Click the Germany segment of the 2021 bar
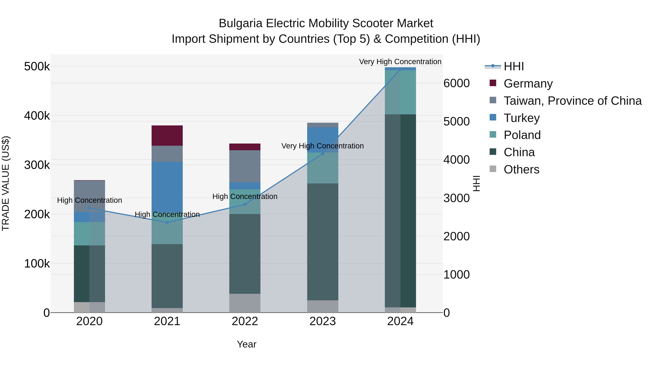click(x=167, y=136)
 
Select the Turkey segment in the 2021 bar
click(x=167, y=185)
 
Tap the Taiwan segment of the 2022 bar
click(x=245, y=166)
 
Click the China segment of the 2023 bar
click(x=322, y=242)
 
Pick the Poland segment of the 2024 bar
click(x=400, y=92)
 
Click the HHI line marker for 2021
click(x=167, y=222)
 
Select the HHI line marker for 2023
click(x=322, y=154)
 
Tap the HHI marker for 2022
click(x=245, y=204)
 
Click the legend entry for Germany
click(x=528, y=84)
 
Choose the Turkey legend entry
click(x=521, y=118)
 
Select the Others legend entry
click(x=521, y=169)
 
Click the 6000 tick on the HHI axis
click(x=457, y=83)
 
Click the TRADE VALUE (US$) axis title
click(x=6, y=183)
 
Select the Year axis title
click(x=246, y=344)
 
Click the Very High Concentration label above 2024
click(x=400, y=62)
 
